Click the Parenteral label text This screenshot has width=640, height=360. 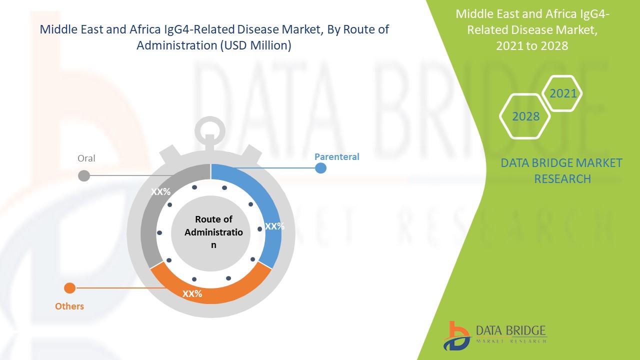tap(337, 157)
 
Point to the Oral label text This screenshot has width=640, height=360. tap(86, 158)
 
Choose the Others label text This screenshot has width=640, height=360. tap(69, 306)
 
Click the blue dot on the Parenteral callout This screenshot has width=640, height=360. tap(320, 168)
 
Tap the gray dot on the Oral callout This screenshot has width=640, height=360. tap(84, 175)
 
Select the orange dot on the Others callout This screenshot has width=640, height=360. tap(69, 288)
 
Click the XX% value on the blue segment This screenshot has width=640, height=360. tap(274, 226)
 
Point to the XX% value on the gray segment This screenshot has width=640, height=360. tap(160, 191)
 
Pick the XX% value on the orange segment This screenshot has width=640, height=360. tap(192, 293)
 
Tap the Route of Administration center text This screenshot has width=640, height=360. tap(213, 232)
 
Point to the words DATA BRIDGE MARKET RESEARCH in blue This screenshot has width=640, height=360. tap(561, 171)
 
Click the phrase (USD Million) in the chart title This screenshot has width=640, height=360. tap(256, 45)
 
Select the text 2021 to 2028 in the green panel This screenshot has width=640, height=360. tap(532, 46)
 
